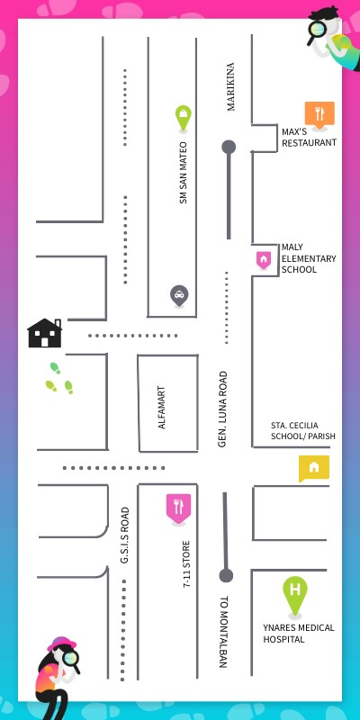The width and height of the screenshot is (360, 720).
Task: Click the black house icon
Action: (x=44, y=333)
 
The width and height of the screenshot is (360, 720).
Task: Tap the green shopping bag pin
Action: (x=183, y=116)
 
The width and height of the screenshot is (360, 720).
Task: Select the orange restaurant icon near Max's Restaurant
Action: (x=319, y=113)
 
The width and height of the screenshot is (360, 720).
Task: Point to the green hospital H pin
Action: (x=294, y=593)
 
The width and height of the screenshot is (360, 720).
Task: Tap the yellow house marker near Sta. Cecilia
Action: (x=313, y=467)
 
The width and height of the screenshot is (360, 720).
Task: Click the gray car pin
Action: (x=179, y=294)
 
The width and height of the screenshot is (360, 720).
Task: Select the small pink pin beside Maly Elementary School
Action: (x=263, y=259)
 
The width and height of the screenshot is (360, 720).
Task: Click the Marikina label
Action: (x=230, y=86)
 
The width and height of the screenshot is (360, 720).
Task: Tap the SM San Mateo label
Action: (x=183, y=172)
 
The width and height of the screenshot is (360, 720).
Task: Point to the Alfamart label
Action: (x=162, y=407)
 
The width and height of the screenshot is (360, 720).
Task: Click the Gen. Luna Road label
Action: (x=222, y=409)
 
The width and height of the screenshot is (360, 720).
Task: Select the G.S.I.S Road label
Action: (x=125, y=535)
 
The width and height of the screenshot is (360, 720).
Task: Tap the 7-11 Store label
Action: (x=186, y=564)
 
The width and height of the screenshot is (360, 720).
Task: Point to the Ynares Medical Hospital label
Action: (x=298, y=633)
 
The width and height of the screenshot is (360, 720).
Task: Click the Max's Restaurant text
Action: (x=309, y=137)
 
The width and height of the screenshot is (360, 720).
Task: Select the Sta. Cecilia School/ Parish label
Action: (x=302, y=430)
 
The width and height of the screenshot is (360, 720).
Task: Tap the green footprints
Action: (x=58, y=379)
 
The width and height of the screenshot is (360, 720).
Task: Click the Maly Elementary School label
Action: (x=308, y=257)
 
